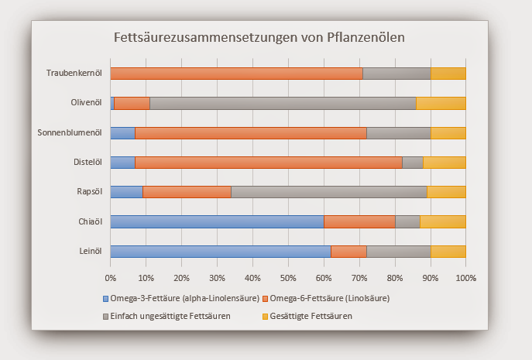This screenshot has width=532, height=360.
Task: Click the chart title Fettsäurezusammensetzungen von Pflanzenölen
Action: pyautogui.click(x=259, y=37)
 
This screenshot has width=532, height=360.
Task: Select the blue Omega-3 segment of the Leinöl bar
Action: pyautogui.click(x=221, y=251)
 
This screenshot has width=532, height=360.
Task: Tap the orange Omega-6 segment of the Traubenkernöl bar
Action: pyautogui.click(x=236, y=74)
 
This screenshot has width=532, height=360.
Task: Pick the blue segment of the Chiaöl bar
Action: pyautogui.click(x=217, y=221)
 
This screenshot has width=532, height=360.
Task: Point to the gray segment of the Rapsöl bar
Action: pyautogui.click(x=329, y=192)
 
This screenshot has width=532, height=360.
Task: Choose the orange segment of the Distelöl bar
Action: pyautogui.click(x=269, y=163)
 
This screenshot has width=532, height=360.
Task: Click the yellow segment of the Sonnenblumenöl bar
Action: pyautogui.click(x=448, y=133)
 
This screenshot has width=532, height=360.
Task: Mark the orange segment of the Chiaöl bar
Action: pyautogui.click(x=359, y=221)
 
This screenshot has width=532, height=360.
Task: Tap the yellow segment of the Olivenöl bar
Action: pyautogui.click(x=441, y=103)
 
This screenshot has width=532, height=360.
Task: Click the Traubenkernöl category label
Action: pyautogui.click(x=74, y=74)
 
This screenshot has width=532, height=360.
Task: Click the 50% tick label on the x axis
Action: pyautogui.click(x=288, y=277)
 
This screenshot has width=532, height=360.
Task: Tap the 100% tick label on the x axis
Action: pyautogui.click(x=466, y=277)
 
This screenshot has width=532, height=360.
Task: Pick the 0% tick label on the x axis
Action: pyautogui.click(x=110, y=277)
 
